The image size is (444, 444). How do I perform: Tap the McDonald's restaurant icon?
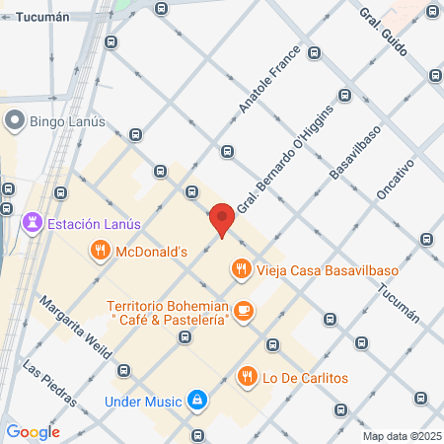click(x=100, y=252)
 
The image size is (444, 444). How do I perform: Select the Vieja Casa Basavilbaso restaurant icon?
click(x=240, y=268)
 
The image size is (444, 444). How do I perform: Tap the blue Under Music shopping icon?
click(x=198, y=402)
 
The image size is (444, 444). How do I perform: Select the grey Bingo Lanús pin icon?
click(x=14, y=120)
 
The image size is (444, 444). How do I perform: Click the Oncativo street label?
click(x=397, y=173)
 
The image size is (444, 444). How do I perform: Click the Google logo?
click(x=33, y=431)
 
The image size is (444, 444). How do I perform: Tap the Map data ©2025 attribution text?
click(x=400, y=436)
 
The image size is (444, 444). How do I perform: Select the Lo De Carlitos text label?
click(x=306, y=377)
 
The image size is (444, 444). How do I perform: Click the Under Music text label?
click(x=143, y=402)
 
